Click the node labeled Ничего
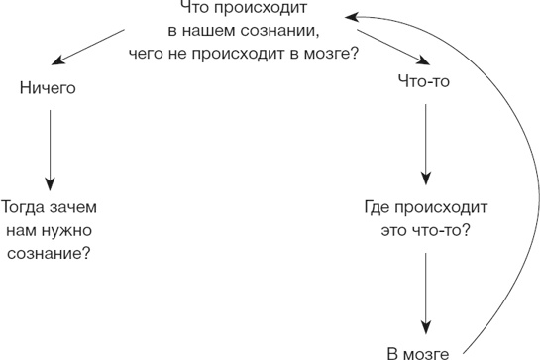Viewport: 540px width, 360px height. click(x=49, y=88)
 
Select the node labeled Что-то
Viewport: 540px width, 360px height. click(x=423, y=82)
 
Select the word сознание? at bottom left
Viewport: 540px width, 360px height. click(x=49, y=253)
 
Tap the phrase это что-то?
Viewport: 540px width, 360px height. click(x=424, y=231)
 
